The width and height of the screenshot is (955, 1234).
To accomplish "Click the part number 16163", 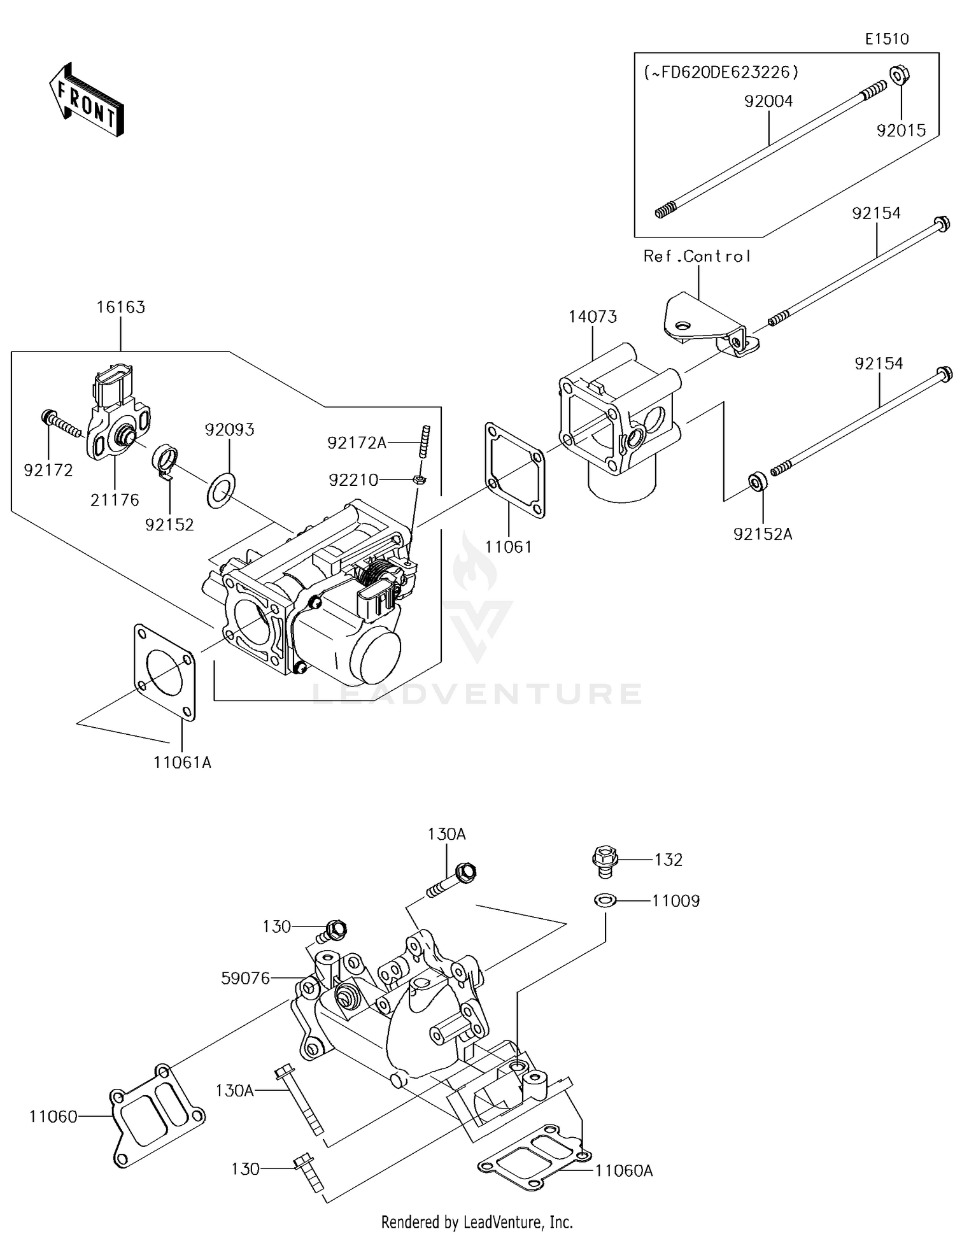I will pos(121,307).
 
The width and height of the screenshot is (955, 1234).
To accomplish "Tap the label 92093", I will pos(229,430).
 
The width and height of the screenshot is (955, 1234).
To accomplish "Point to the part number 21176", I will pos(115,500).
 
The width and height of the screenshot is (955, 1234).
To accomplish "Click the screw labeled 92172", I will pos(61,423).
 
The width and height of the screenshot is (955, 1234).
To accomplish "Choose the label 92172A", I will pos(357,443).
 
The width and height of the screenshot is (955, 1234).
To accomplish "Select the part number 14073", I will pos(593,316).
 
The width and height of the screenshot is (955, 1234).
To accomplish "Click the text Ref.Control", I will pos(697,256).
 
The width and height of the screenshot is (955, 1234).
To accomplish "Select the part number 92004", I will pos(769,101).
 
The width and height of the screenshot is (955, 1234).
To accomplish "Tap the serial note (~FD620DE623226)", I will pos(721,72).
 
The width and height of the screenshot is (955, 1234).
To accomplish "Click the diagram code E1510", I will pos(887,39).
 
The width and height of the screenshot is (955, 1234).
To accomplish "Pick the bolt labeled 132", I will pos(605,858).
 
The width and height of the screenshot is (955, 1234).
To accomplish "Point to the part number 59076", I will pos(246,977).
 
